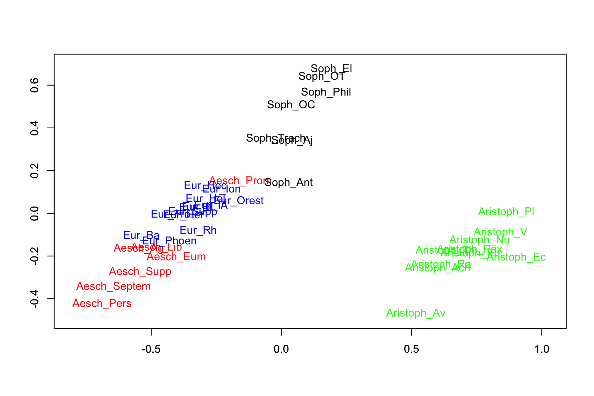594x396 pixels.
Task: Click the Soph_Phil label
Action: (326, 92)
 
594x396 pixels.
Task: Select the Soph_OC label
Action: (291, 105)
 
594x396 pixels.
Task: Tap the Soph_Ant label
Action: (289, 183)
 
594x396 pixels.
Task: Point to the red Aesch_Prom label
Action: (240, 181)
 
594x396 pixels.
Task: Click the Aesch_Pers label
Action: (102, 304)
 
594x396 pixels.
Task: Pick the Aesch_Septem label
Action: (113, 286)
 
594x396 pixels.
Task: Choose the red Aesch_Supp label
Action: (140, 272)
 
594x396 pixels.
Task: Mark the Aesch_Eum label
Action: (176, 257)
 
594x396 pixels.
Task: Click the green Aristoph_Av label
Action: (416, 313)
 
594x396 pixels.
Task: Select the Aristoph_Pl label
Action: (506, 212)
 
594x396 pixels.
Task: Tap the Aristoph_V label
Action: (500, 232)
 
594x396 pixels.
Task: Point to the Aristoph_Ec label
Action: (516, 257)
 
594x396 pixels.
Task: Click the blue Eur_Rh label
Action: (198, 230)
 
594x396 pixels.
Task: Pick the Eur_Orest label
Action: (241, 201)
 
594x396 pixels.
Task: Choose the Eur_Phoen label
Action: (169, 241)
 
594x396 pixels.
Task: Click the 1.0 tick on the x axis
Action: (541, 350)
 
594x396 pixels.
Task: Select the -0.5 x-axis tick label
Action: (151, 350)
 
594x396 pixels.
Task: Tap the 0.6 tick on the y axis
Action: (35, 85)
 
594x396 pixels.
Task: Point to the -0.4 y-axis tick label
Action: (35, 299)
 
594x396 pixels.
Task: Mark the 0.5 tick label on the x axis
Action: (411, 350)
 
